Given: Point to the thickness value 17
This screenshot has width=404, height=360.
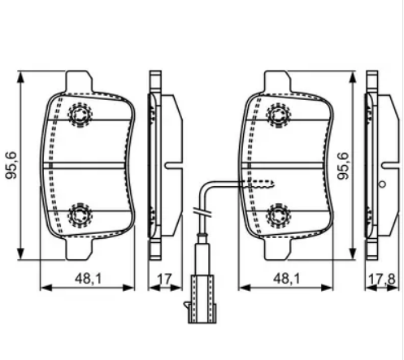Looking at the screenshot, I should pyautogui.click(x=165, y=280).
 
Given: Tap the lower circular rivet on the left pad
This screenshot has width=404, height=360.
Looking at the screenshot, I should pyautogui.click(x=80, y=215).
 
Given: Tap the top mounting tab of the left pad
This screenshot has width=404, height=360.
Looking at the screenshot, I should pyautogui.click(x=79, y=81).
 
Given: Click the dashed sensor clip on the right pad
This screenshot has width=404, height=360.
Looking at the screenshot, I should pyautogui.click(x=261, y=183).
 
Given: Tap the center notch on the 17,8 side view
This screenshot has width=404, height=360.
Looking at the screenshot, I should pyautogui.click(x=382, y=185).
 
